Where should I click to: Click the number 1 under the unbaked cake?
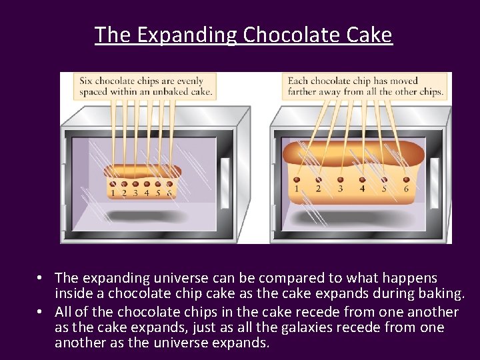(113, 193)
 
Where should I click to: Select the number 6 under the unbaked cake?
(169, 193)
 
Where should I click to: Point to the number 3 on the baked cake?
(340, 189)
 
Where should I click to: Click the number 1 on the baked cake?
(296, 189)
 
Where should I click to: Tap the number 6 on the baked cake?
(406, 189)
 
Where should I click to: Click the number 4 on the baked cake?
(362, 189)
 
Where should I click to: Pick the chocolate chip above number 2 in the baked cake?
(318, 179)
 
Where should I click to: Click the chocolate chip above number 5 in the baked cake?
(384, 179)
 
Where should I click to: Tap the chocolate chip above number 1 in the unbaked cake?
(113, 184)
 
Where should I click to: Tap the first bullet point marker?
(41, 277)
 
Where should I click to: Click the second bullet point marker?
(41, 312)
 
